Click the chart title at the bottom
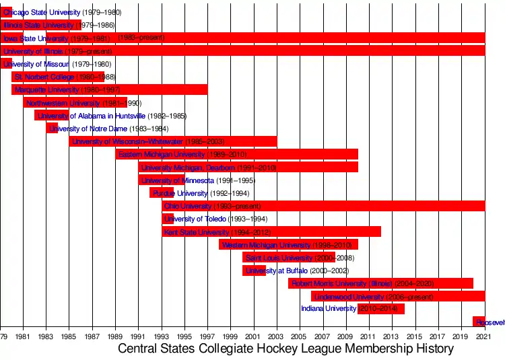tap(285, 349)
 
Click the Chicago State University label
tap(42, 13)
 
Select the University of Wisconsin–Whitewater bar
tap(172, 141)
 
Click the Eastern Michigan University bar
tap(236, 155)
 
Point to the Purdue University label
tap(171, 193)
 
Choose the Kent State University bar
tap(271, 232)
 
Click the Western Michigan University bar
tap(288, 245)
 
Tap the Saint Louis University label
tap(279, 258)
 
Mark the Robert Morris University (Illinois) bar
tap(380, 283)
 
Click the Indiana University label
tap(329, 309)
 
